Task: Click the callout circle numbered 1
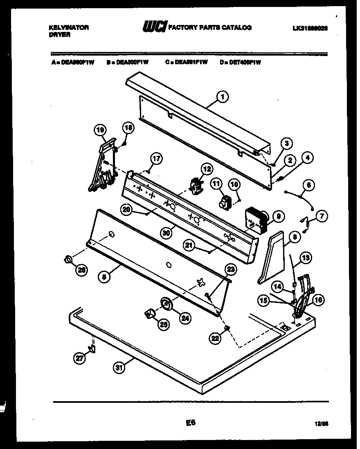[x=222, y=97]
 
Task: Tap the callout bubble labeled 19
[x=99, y=130]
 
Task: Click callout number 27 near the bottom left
[x=79, y=358]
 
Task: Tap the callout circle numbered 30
[x=166, y=232]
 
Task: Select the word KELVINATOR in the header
[x=69, y=27]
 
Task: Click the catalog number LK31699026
[x=310, y=28]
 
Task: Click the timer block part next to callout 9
[x=256, y=220]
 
